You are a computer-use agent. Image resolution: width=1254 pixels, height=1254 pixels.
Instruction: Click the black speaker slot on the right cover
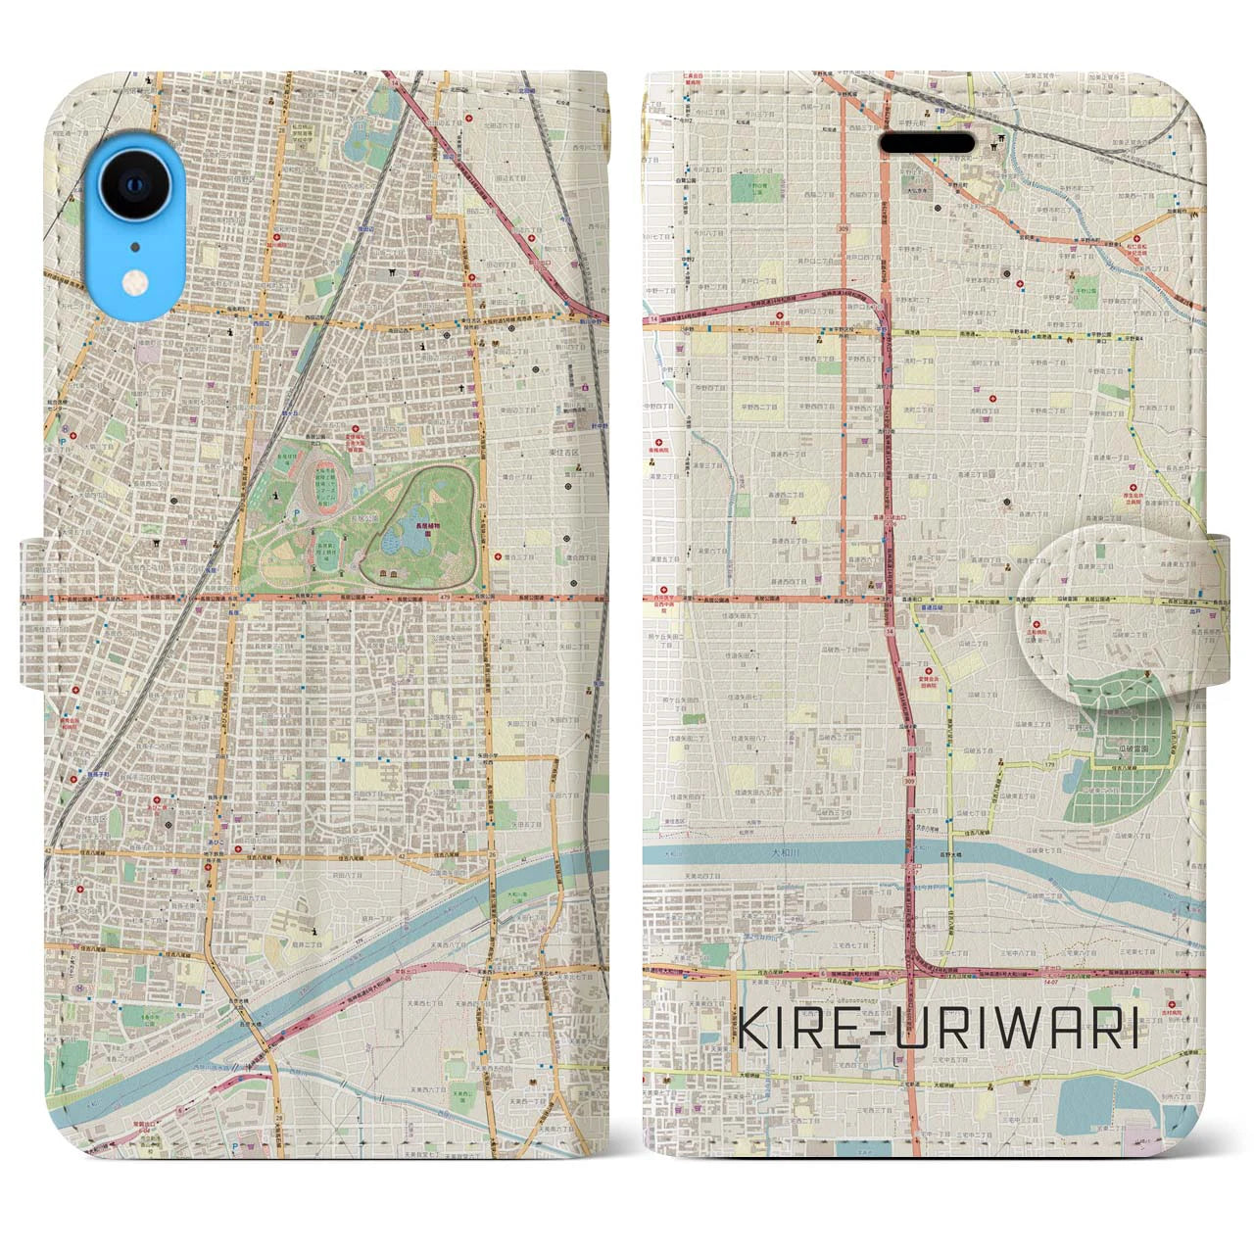tap(924, 142)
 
